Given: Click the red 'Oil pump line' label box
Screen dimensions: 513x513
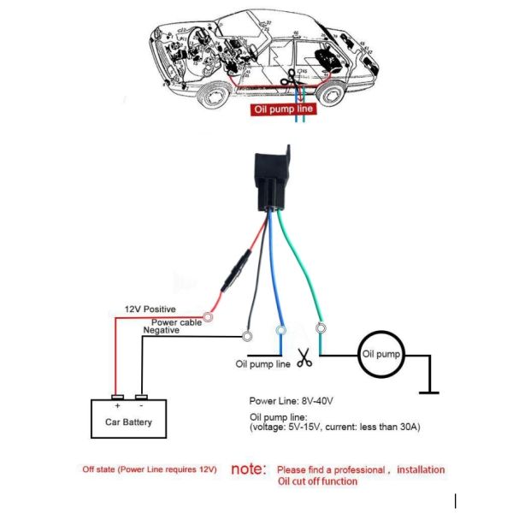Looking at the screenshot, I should click(x=283, y=109).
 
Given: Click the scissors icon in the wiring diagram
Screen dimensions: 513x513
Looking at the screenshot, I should click(x=304, y=360).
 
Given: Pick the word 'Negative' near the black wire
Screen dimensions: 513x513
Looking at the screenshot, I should click(x=162, y=330).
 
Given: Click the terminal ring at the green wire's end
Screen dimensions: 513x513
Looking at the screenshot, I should click(x=321, y=327).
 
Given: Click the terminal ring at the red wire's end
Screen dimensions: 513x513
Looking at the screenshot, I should click(x=206, y=317).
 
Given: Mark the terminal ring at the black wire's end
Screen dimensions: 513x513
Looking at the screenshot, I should click(x=247, y=336).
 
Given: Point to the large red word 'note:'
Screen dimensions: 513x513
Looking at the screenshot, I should click(x=249, y=469).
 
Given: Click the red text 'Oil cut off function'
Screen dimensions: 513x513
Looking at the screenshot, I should click(x=318, y=481).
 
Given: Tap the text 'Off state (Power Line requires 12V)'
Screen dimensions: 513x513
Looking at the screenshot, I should click(x=150, y=469).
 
